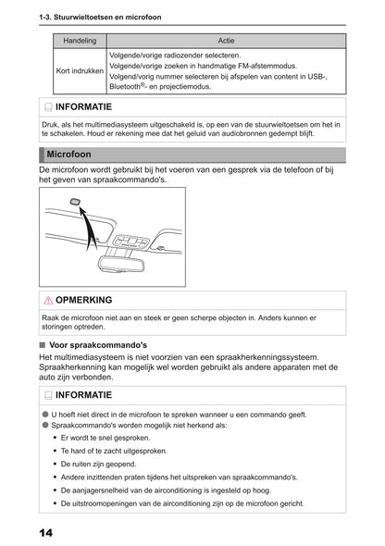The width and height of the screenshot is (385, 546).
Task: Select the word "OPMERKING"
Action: click(x=84, y=301)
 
